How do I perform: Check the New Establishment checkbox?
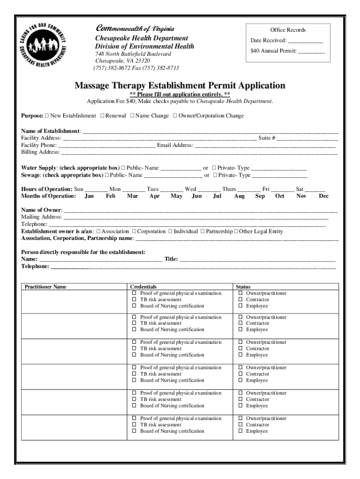[47, 116]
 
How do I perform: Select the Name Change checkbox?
[132, 116]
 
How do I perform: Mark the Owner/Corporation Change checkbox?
[175, 116]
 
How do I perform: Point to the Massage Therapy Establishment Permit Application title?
[180, 86]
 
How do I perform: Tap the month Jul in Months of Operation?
[217, 196]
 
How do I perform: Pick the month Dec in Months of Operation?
[324, 196]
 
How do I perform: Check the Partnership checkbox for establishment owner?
[202, 231]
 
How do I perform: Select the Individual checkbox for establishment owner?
[171, 231]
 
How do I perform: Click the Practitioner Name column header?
[45, 287]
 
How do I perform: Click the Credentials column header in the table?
[143, 287]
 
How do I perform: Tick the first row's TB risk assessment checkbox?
[134, 299]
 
